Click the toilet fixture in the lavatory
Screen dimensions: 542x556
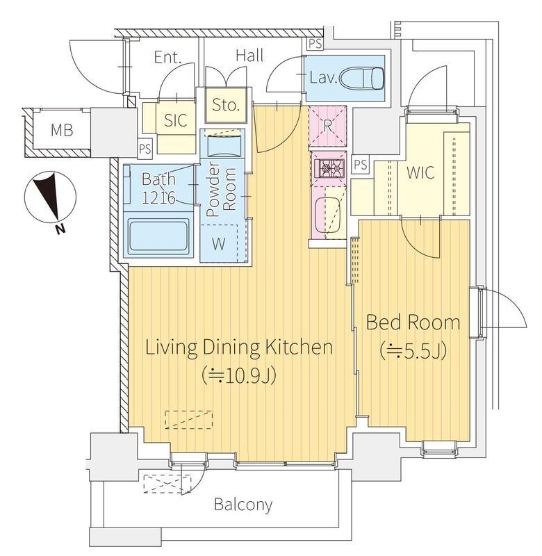click(x=362, y=78)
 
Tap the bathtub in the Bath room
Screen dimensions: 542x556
click(x=158, y=236)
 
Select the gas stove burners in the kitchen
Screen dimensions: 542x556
click(x=328, y=168)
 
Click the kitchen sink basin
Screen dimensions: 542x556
click(x=327, y=215)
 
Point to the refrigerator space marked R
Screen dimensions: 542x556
click(x=327, y=126)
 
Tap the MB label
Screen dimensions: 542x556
click(x=62, y=130)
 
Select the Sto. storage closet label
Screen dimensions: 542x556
click(x=225, y=105)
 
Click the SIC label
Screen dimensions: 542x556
click(x=176, y=120)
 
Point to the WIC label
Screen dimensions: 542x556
click(x=420, y=172)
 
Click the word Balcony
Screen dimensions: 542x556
click(x=243, y=505)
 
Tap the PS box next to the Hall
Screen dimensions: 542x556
click(x=315, y=44)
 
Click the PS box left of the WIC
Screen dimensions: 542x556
click(x=361, y=165)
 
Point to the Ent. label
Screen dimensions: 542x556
click(x=167, y=58)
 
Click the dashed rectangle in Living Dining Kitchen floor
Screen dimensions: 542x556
click(x=189, y=420)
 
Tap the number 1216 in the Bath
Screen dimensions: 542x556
click(x=158, y=197)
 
